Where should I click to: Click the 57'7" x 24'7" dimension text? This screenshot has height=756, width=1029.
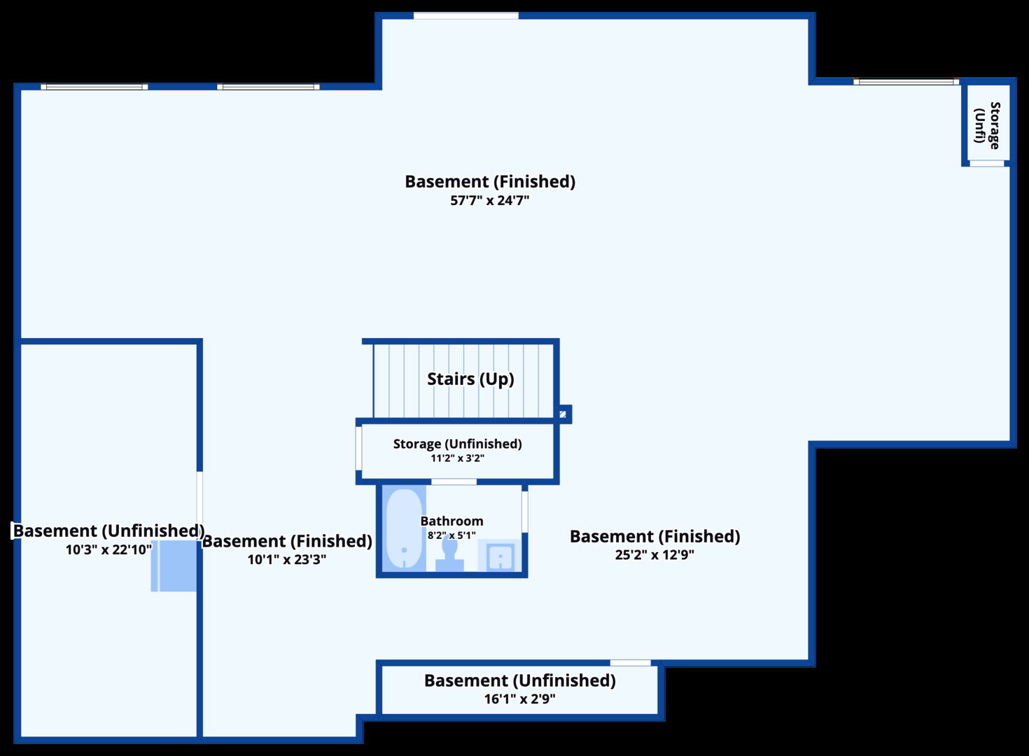pyautogui.click(x=490, y=201)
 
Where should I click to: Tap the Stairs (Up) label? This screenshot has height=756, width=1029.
pyautogui.click(x=470, y=379)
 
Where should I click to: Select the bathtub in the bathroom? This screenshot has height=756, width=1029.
pyautogui.click(x=404, y=528)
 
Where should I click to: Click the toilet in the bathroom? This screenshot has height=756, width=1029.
pyautogui.click(x=449, y=554)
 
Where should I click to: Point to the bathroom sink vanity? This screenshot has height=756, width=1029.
pyautogui.click(x=500, y=556)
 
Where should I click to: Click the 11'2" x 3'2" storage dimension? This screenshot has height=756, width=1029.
pyautogui.click(x=457, y=458)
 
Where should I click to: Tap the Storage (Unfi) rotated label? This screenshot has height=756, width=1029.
pyautogui.click(x=987, y=125)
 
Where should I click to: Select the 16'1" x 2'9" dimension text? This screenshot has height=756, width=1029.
pyautogui.click(x=519, y=699)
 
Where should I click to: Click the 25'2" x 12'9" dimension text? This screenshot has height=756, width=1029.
pyautogui.click(x=654, y=555)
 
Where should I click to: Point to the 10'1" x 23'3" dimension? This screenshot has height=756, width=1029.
pyautogui.click(x=287, y=559)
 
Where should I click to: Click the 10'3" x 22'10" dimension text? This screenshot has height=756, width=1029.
pyautogui.click(x=108, y=549)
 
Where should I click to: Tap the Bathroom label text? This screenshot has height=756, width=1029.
pyautogui.click(x=451, y=521)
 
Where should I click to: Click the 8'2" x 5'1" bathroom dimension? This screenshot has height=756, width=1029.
pyautogui.click(x=451, y=535)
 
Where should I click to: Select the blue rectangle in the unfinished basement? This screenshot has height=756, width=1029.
pyautogui.click(x=174, y=566)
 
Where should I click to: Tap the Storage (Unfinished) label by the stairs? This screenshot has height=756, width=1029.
pyautogui.click(x=457, y=444)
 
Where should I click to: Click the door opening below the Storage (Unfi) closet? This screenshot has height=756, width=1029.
pyautogui.click(x=987, y=164)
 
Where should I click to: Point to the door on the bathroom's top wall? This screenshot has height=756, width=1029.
pyautogui.click(x=454, y=482)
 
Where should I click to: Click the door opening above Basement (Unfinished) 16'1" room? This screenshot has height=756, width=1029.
pyautogui.click(x=630, y=663)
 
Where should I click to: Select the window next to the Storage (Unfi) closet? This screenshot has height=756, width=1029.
pyautogui.click(x=906, y=82)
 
